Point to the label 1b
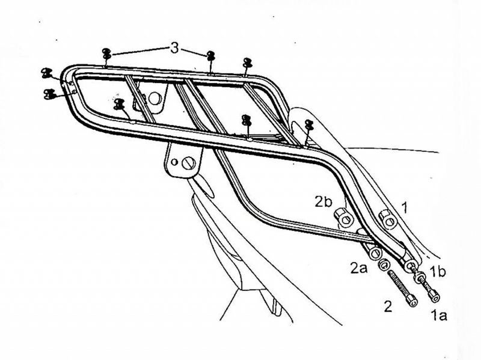(438, 272)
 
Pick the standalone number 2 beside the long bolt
(388, 307)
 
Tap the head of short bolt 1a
(434, 296)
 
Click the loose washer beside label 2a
(381, 263)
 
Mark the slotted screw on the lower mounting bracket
(190, 162)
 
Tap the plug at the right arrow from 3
(210, 56)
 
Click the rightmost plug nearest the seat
(309, 126)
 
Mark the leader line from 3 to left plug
(138, 51)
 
